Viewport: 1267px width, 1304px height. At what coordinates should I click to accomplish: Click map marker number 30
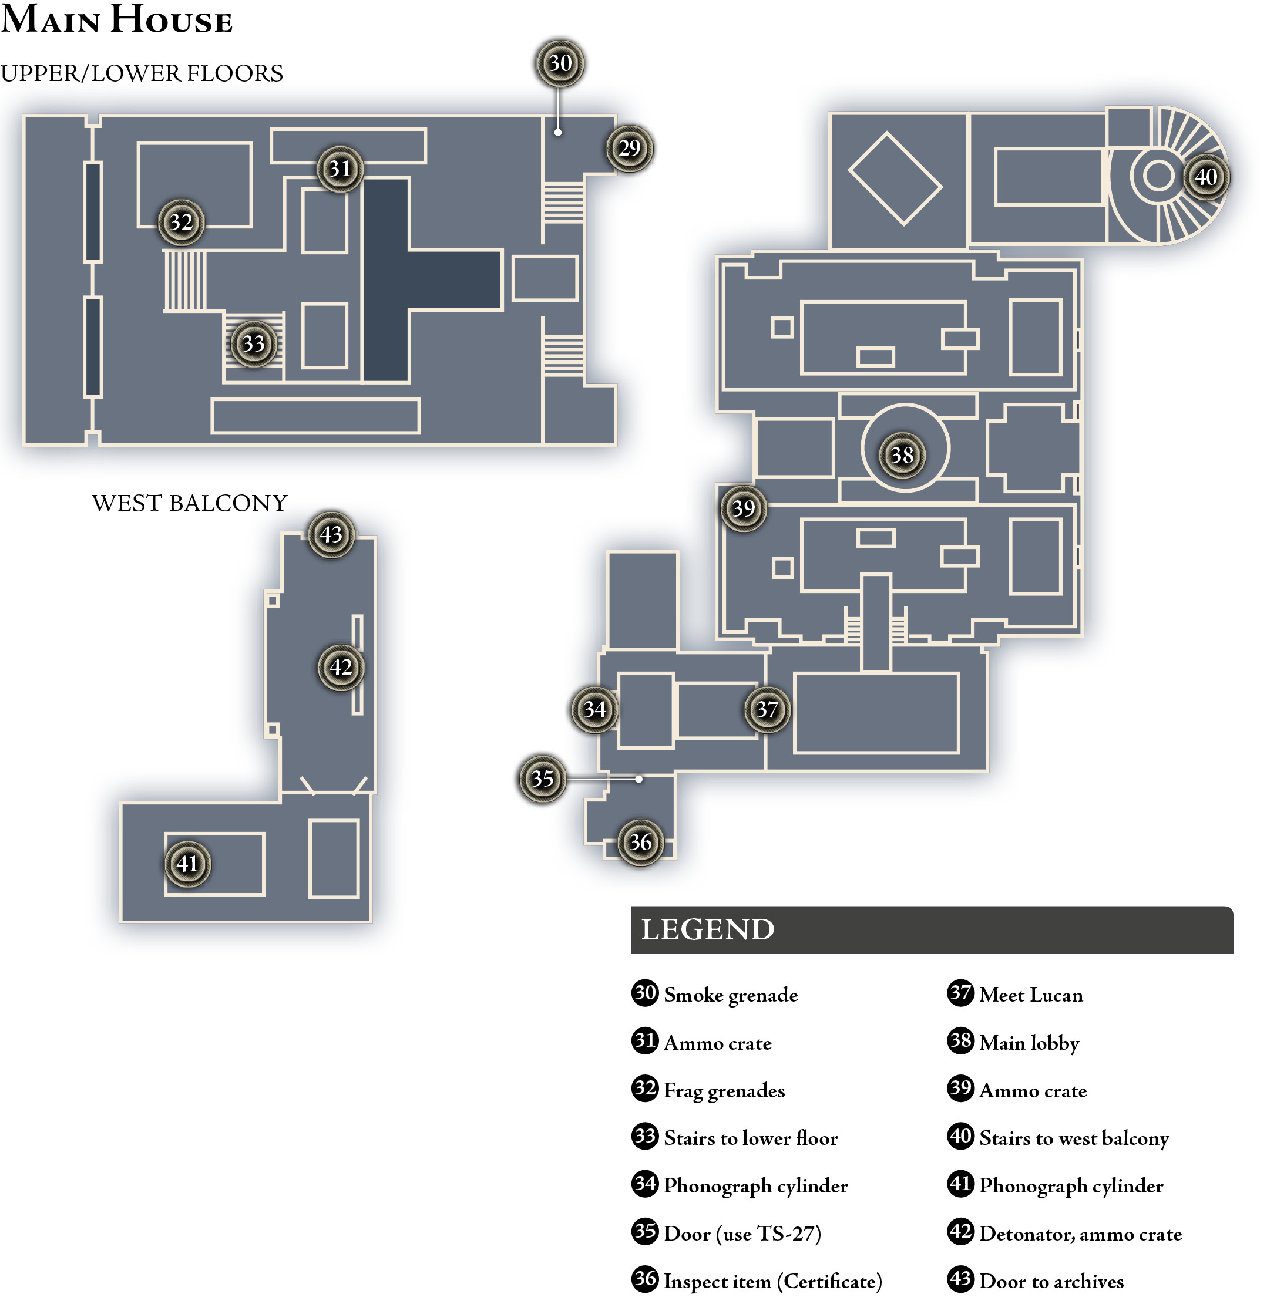coord(560,63)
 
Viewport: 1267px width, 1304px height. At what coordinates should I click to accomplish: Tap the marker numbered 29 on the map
coord(629,148)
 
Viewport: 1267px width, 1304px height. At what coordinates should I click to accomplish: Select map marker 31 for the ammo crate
coord(340,169)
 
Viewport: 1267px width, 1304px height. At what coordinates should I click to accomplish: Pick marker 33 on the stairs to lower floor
coord(253,343)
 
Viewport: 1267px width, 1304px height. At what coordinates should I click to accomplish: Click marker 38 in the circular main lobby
coord(902,455)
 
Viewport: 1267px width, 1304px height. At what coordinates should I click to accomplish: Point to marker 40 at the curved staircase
coord(1206,177)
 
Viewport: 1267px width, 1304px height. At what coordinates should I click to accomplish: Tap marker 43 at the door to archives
coord(331,534)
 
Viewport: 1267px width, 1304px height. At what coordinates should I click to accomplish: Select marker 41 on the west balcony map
coord(187,864)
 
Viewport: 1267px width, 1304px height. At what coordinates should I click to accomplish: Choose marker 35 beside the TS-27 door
coord(542,779)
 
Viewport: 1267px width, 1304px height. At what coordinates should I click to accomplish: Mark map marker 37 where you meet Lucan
coord(767,709)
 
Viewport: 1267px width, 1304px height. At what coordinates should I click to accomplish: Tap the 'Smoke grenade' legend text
coord(731,995)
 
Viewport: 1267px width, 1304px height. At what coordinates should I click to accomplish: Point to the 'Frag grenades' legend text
coord(724,1090)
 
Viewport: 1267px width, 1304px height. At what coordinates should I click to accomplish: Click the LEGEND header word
coord(707,929)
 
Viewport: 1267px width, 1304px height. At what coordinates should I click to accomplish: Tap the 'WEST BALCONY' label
coord(190,503)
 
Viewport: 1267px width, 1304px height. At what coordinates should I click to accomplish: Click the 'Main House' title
coord(116,19)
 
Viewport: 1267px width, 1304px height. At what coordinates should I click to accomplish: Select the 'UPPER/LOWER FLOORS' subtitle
coord(142,73)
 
